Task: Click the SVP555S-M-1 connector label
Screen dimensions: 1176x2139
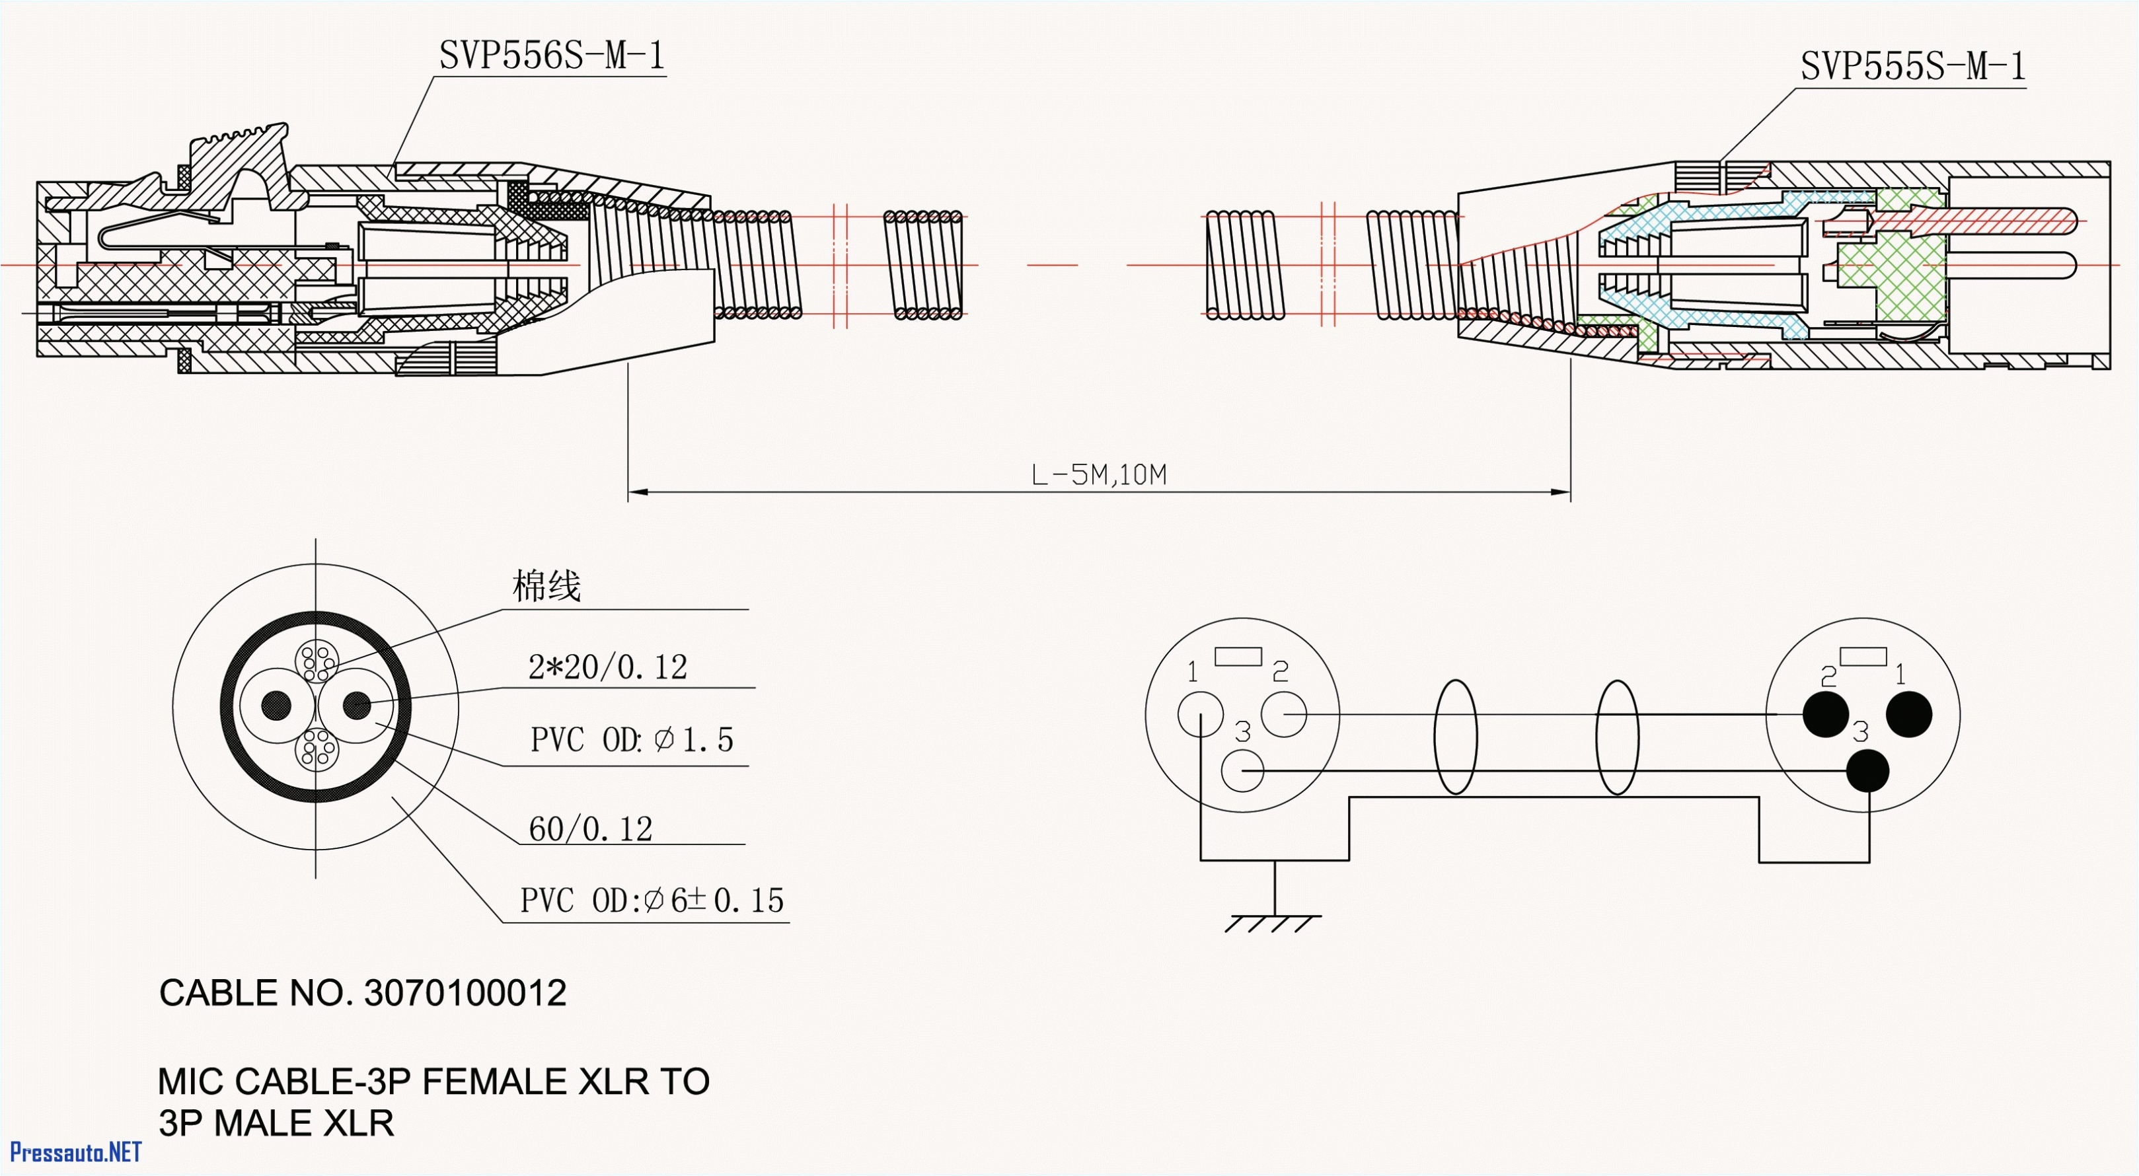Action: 1912,65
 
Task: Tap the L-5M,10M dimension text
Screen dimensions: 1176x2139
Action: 1098,475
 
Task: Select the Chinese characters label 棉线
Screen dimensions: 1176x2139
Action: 546,586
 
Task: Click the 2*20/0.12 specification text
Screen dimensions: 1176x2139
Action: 608,667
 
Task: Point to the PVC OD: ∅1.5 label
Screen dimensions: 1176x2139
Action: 632,739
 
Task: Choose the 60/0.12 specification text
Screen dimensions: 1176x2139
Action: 590,828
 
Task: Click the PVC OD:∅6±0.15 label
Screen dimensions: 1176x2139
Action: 652,900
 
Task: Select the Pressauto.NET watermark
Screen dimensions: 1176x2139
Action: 75,1152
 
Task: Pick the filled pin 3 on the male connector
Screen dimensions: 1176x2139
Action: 1867,771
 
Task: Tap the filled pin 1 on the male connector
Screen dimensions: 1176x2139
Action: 1909,714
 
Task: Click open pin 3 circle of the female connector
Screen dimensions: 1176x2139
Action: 1242,771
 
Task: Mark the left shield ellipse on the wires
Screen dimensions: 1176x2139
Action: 1455,737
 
